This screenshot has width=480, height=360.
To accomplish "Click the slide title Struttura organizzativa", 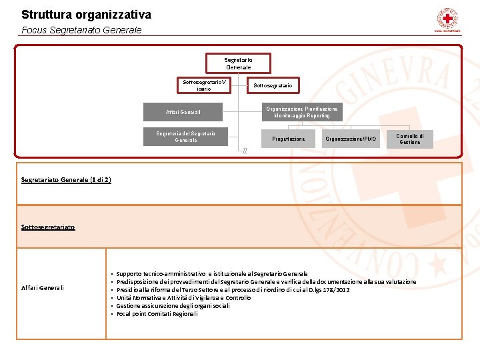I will point(86,14).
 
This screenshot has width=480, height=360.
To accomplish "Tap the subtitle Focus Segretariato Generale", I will point(81,30).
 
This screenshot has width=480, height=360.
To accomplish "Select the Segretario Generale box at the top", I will point(238,63).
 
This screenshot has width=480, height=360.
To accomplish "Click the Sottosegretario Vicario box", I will point(205,85).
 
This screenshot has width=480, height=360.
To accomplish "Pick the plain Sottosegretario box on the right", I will point(272,85).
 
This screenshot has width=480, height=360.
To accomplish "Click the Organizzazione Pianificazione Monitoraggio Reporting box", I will point(302,112).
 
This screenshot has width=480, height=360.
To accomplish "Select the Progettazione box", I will point(289,139).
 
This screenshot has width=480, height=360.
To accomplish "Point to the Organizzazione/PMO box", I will point(351,139).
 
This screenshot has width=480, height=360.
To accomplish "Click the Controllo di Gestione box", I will point(409,139).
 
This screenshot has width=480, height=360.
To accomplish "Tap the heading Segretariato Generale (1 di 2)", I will point(66,180).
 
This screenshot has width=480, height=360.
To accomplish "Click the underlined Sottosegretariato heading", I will point(48,227).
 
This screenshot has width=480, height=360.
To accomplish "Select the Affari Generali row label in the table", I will point(43,288).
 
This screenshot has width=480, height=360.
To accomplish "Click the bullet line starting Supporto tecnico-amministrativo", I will point(211,274).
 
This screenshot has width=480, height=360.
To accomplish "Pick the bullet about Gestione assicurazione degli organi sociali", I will point(173,306).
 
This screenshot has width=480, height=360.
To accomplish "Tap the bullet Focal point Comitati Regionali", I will point(157,314).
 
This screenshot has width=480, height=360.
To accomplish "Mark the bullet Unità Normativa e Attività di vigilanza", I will point(183,298).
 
